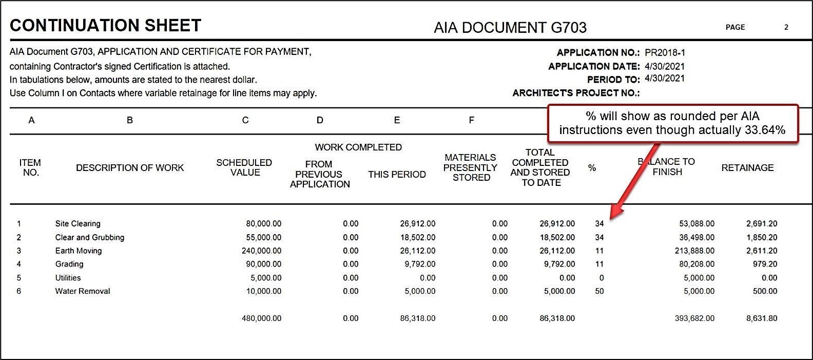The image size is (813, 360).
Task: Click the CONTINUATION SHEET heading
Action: coord(105,26)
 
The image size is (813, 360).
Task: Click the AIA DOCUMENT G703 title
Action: coord(510,27)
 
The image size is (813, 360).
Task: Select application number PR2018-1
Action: coord(665,52)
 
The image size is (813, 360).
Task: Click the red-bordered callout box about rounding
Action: coord(672,123)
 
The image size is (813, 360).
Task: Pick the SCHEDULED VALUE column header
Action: coord(244,167)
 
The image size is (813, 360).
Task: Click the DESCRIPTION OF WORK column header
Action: coord(129,167)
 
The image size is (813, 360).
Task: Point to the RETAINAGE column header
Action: coord(747,167)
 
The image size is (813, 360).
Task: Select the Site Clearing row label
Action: coord(78,223)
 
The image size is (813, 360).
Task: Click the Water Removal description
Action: coord(82,291)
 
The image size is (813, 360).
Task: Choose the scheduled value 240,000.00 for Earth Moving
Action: coord(261,251)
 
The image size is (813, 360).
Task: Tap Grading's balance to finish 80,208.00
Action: coord(696,264)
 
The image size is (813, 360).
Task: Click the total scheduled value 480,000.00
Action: coord(261,318)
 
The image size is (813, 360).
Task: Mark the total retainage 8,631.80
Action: coord(761,318)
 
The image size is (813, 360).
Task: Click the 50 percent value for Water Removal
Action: coord(599,291)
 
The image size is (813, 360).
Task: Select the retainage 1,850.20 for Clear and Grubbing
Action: coord(761,237)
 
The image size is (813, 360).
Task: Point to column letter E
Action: coord(397,120)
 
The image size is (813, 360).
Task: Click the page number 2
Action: coord(786,27)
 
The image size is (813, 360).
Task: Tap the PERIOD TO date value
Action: coord(665,79)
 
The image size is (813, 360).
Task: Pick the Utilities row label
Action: coord(68,278)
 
